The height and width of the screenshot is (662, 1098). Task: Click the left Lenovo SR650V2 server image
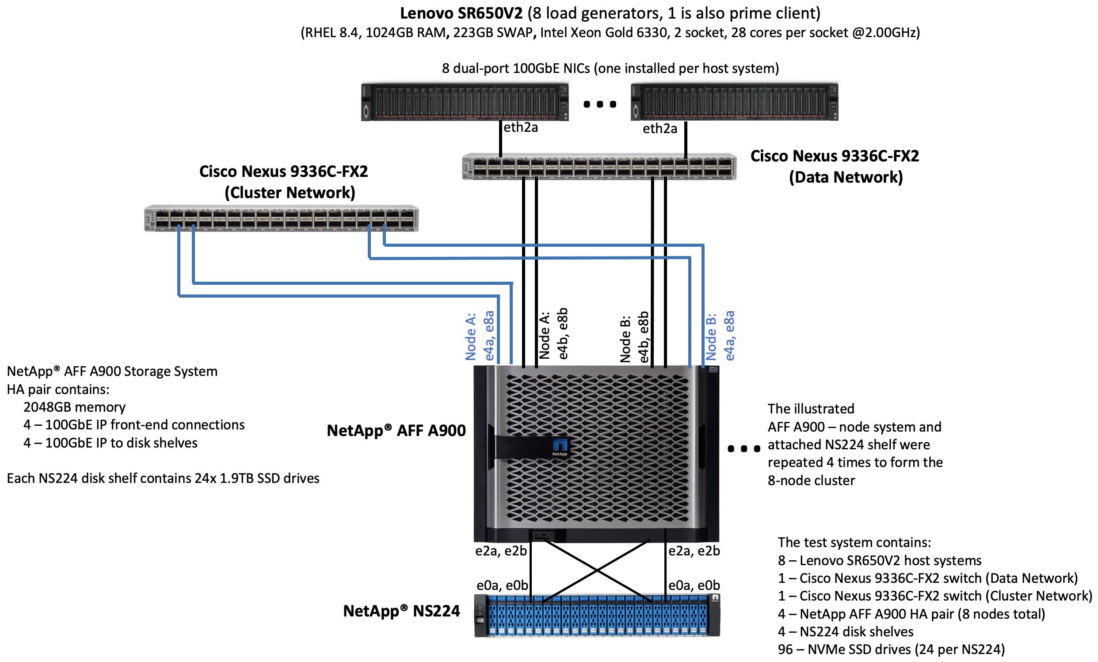(x=465, y=102)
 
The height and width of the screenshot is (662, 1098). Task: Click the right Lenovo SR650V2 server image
(x=734, y=102)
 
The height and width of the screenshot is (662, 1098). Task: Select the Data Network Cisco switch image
(x=599, y=167)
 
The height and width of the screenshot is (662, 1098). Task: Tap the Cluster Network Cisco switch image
(x=281, y=218)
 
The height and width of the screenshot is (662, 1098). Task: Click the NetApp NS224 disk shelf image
(x=597, y=615)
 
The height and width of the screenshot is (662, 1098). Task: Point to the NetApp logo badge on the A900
(x=560, y=447)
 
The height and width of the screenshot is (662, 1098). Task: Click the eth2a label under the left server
(x=520, y=127)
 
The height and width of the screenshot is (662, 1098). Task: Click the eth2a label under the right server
(x=660, y=129)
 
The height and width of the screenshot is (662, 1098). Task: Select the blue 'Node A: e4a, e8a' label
(x=480, y=336)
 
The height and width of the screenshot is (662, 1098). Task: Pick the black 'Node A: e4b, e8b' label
(x=553, y=333)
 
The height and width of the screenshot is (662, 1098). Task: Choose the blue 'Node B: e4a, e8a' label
(x=720, y=336)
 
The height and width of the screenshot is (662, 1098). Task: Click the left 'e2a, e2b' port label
(x=501, y=551)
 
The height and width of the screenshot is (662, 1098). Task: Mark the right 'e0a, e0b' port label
(x=694, y=585)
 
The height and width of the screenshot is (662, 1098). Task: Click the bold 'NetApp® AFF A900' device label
(x=396, y=431)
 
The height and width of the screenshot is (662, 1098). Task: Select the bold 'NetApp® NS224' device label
(x=401, y=611)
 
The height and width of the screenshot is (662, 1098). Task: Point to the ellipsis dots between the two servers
(x=600, y=104)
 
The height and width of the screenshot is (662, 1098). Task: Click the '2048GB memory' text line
(x=74, y=407)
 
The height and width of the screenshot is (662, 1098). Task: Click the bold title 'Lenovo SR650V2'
(x=461, y=13)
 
